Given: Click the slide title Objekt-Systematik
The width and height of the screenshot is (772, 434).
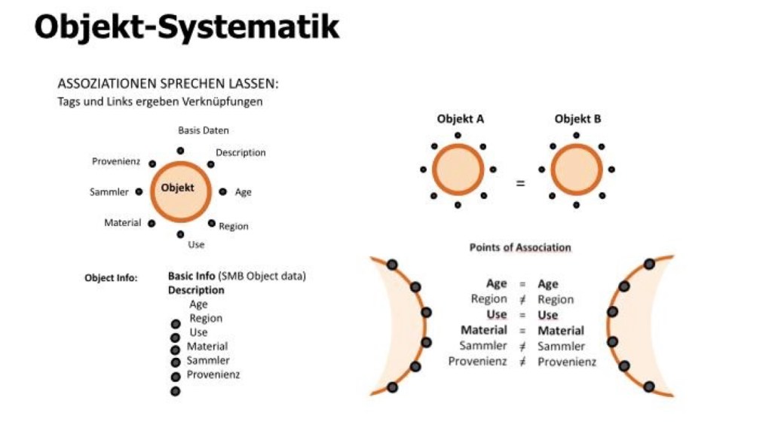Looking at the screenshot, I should [187, 27].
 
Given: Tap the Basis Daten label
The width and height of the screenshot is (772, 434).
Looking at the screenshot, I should [204, 130].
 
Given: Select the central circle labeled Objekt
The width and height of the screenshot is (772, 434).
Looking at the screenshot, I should [182, 190].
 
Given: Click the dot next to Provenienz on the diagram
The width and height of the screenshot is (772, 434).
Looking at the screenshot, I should [152, 164].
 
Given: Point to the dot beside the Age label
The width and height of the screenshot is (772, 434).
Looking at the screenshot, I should [222, 191].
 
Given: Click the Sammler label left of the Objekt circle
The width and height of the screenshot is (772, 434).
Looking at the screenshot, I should [109, 192].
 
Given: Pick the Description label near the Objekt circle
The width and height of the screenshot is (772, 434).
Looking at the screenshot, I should [240, 152].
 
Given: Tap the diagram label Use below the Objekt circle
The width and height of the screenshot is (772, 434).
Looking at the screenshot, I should [196, 244].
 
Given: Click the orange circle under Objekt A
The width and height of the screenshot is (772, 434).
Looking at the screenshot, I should [458, 170].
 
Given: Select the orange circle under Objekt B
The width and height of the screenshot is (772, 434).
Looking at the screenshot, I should [577, 170].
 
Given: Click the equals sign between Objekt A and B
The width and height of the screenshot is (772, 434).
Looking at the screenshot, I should [520, 183].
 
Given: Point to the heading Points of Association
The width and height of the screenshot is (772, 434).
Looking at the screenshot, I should [520, 247].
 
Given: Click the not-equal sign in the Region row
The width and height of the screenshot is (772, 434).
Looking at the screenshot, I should [522, 299].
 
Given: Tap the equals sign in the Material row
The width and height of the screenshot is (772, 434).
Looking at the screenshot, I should [522, 330].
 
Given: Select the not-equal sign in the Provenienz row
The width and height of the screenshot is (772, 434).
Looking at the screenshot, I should [522, 362].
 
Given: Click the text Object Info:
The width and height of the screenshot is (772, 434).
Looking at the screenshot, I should [111, 278].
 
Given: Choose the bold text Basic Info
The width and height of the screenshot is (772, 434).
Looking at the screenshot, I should [191, 276].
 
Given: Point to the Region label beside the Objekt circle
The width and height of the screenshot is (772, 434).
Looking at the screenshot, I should [234, 226].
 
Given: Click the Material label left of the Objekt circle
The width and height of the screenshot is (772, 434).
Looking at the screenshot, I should [122, 222].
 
